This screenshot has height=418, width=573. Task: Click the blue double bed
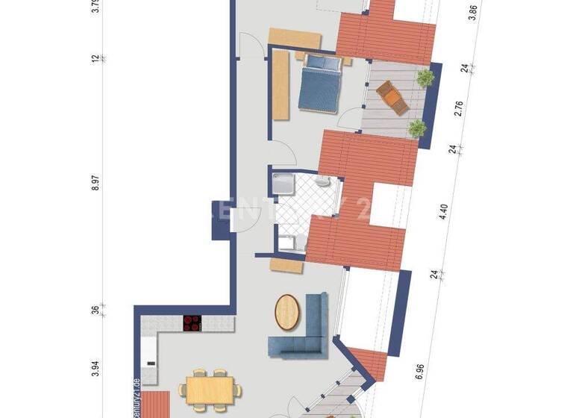coord(320,83)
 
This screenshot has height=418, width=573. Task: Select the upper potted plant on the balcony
coord(425,77)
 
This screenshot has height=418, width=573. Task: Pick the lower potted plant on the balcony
coord(418,128)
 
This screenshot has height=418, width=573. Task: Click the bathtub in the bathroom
coord(284,183)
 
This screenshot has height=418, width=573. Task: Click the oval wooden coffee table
coord(288,311)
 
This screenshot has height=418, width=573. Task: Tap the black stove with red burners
coord(192,323)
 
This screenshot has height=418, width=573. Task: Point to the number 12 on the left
coord(95,57)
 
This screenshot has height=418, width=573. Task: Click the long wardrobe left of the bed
coord(281,87)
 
